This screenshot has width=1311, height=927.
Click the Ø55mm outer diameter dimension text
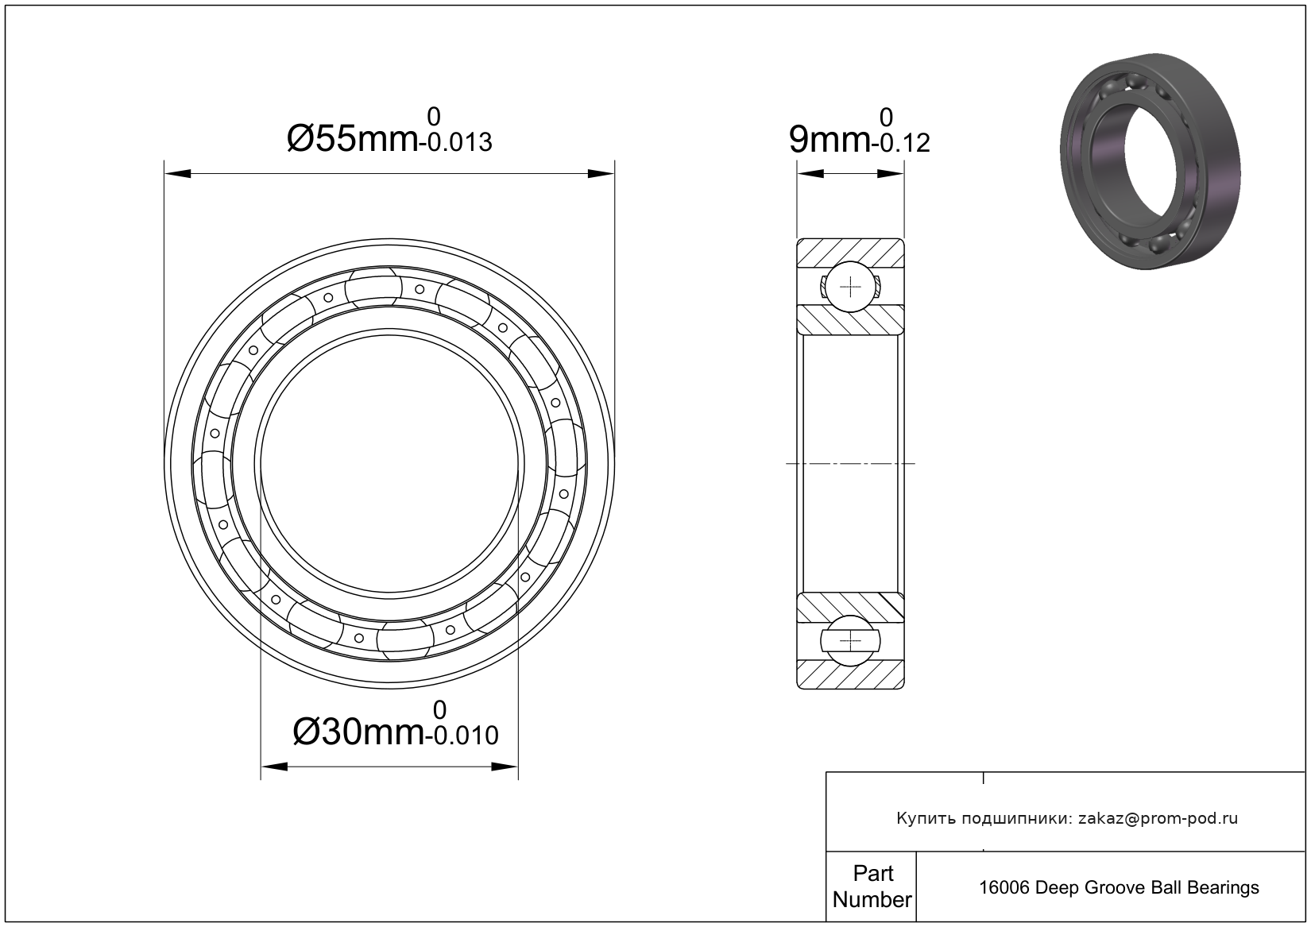point(353,139)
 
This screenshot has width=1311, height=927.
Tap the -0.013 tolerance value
point(456,143)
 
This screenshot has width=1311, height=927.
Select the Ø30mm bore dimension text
point(359,732)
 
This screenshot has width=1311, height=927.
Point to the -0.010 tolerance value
point(462,736)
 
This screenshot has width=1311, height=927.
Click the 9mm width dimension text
point(830,139)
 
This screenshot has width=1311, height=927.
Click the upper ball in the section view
point(850,287)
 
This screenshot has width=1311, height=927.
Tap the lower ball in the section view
point(850,640)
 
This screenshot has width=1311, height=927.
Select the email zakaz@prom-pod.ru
point(1158,819)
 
